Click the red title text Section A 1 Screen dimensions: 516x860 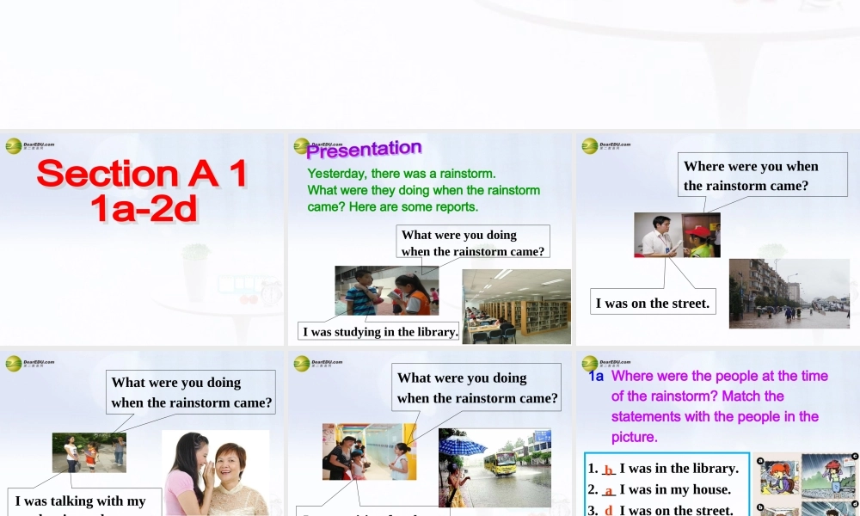tap(142, 174)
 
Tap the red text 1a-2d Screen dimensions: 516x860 tap(144, 209)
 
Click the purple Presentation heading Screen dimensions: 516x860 tap(365, 150)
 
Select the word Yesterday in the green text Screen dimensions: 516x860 tap(336, 174)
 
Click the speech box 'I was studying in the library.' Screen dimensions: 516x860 tap(379, 331)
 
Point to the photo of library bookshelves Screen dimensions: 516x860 tap(517, 306)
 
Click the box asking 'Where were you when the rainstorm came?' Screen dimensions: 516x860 tap(751, 175)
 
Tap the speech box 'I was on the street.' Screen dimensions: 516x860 tap(654, 302)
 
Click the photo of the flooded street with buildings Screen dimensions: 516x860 tap(789, 293)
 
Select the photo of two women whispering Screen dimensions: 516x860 tap(215, 474)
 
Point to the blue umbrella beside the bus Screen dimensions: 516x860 tap(463, 445)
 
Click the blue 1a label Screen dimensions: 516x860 tap(596, 376)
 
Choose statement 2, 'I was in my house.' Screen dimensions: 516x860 tap(675, 489)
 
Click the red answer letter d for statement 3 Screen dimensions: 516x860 tap(609, 510)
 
